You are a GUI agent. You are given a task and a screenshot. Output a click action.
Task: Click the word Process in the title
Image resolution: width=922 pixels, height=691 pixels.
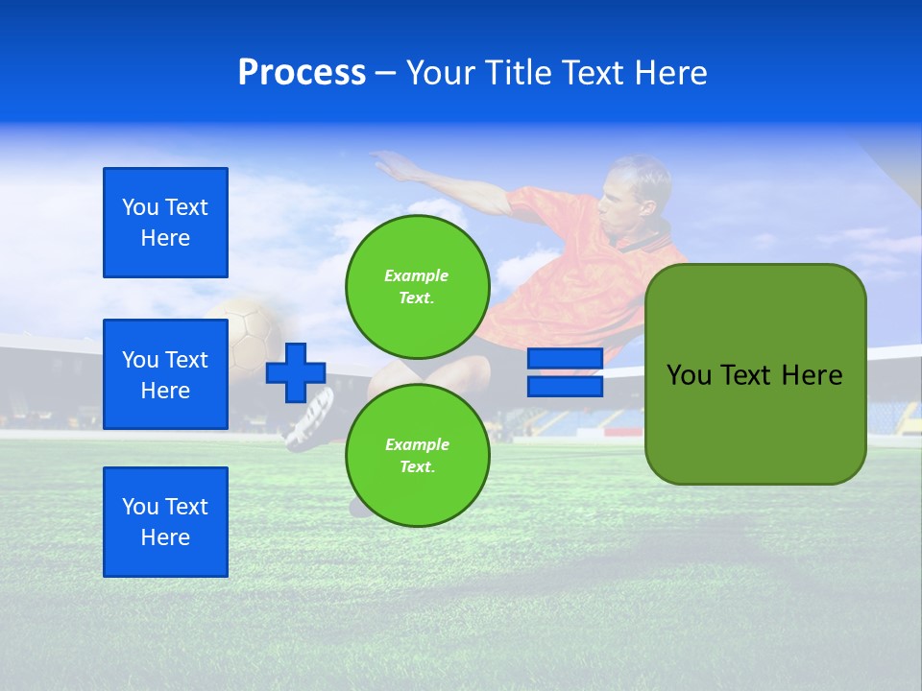coord(302,73)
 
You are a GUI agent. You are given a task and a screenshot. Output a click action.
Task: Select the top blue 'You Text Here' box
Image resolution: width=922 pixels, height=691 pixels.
coord(165,223)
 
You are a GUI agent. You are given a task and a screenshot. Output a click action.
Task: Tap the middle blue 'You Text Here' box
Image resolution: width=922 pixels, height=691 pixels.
coord(165,374)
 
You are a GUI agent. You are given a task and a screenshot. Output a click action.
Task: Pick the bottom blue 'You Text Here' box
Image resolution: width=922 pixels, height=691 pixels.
coord(165,522)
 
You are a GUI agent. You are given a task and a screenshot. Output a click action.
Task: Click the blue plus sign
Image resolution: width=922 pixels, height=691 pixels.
coord(295,372)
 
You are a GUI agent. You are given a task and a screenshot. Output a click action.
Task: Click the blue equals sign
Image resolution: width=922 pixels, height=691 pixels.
coord(565,372)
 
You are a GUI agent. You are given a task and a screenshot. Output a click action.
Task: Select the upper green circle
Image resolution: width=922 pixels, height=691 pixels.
coord(417,286)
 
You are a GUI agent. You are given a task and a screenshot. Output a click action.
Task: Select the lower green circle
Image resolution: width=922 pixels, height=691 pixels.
coord(417,455)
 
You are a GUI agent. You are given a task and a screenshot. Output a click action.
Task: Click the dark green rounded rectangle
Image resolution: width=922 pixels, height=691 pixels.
coord(755,374)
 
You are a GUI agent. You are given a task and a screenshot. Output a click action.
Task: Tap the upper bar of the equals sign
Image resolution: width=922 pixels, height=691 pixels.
coord(565,359)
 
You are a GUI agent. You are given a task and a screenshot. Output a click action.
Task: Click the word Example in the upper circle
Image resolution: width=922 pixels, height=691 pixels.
coord(416,275)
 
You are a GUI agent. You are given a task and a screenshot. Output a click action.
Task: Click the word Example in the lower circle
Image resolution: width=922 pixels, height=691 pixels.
coord(417,444)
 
